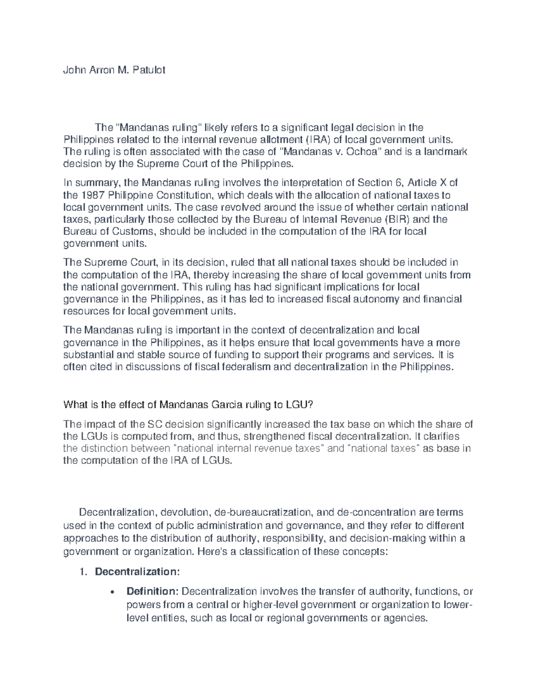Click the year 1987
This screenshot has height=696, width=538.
(92, 195)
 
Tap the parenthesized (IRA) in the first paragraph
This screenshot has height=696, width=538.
(317, 140)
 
